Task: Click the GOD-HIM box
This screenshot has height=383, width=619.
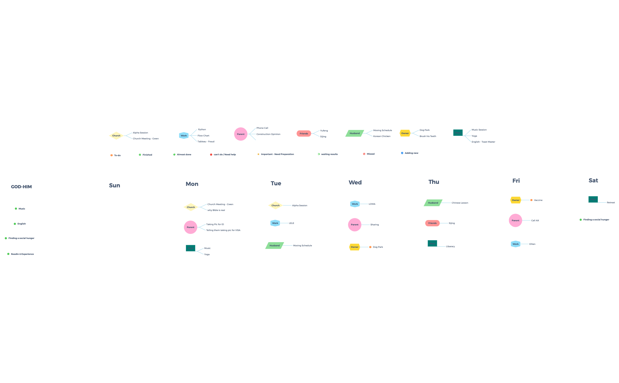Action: pos(21,187)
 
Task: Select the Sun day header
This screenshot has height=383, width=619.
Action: pos(115,185)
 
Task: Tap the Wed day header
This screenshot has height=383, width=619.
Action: pos(355,182)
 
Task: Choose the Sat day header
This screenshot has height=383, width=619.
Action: pos(593,181)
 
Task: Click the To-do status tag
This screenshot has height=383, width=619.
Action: pos(116,155)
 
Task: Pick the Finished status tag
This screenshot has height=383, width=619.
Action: pos(146,155)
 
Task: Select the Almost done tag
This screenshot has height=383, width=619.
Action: pos(182,154)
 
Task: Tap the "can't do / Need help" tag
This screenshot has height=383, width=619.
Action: pos(223,154)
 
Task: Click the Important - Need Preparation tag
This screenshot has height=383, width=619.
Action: pos(276,154)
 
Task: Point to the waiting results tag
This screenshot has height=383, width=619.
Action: pos(327,154)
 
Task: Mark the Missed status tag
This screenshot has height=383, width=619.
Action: pos(369,154)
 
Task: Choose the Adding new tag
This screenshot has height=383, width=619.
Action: pos(409,153)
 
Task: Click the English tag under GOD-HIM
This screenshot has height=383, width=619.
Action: pos(20,224)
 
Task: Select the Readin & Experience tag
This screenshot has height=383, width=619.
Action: pos(21,254)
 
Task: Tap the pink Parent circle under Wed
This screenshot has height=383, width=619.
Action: pos(355,225)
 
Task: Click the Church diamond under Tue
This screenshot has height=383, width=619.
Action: pos(275,205)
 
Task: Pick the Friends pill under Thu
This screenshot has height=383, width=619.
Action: pos(432,223)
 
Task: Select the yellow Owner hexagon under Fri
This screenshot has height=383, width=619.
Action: pos(516,200)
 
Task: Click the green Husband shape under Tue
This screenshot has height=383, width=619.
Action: pos(274,245)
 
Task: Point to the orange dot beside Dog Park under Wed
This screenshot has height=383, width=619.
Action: pos(370,247)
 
